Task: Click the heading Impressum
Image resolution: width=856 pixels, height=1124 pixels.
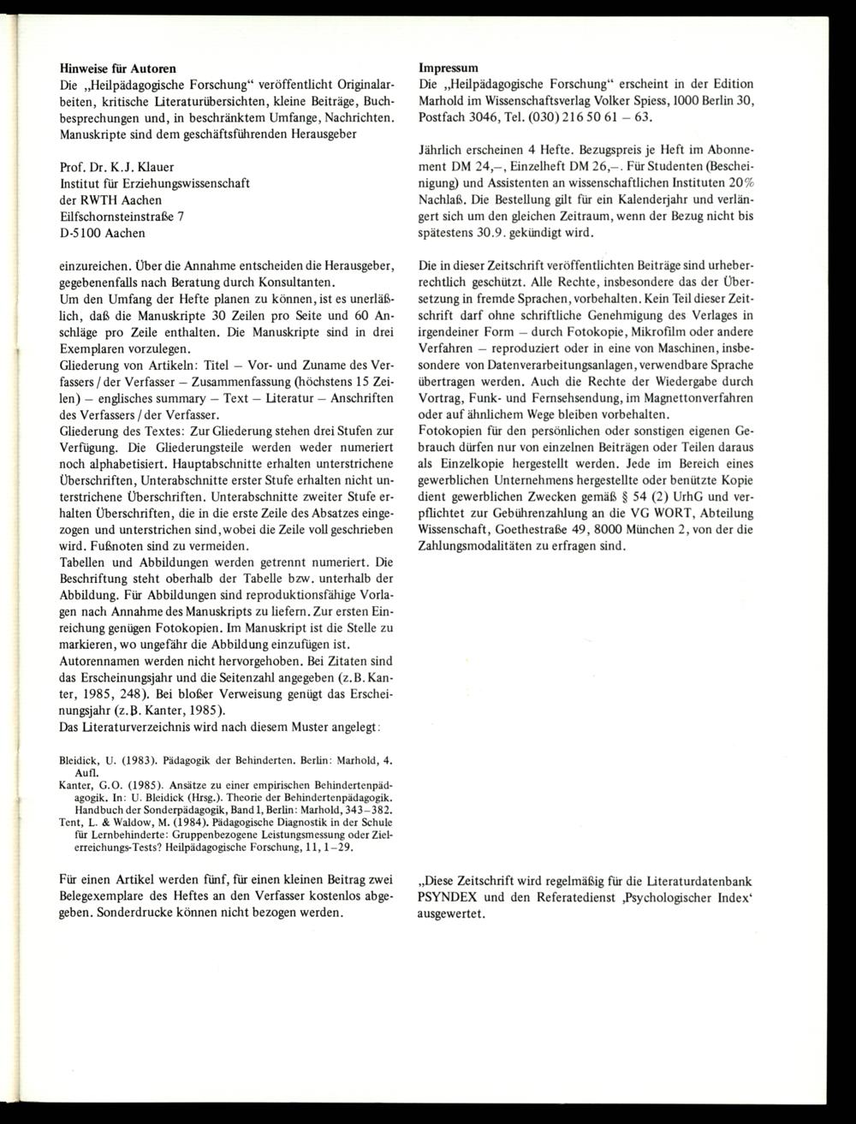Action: click(449, 67)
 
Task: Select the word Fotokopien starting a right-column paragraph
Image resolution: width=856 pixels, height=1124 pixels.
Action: click(453, 431)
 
